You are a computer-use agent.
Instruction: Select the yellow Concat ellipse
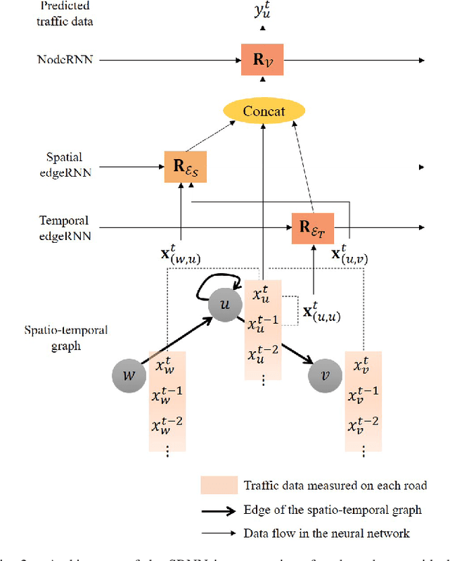click(x=264, y=111)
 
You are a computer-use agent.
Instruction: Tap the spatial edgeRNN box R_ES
click(x=185, y=167)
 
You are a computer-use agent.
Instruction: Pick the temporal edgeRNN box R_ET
click(x=312, y=227)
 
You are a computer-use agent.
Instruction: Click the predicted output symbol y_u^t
click(x=262, y=10)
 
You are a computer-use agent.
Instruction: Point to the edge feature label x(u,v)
click(x=349, y=254)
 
